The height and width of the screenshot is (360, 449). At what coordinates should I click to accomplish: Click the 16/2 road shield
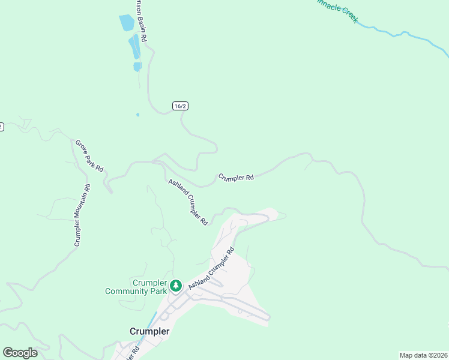[180, 106]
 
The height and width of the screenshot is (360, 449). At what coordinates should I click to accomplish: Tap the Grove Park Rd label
[89, 156]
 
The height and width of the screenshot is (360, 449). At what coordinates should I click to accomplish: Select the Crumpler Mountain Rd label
[82, 215]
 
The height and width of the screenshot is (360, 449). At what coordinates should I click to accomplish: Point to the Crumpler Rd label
[236, 178]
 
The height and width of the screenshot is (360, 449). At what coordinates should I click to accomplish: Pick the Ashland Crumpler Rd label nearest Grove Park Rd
[188, 202]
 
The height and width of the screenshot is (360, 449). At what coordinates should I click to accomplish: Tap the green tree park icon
[176, 285]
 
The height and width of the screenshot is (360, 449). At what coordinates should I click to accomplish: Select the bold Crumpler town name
[149, 331]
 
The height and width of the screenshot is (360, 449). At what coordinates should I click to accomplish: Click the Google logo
[20, 353]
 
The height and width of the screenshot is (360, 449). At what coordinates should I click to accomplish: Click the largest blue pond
[127, 23]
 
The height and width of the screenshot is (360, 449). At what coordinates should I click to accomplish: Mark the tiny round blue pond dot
[138, 114]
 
